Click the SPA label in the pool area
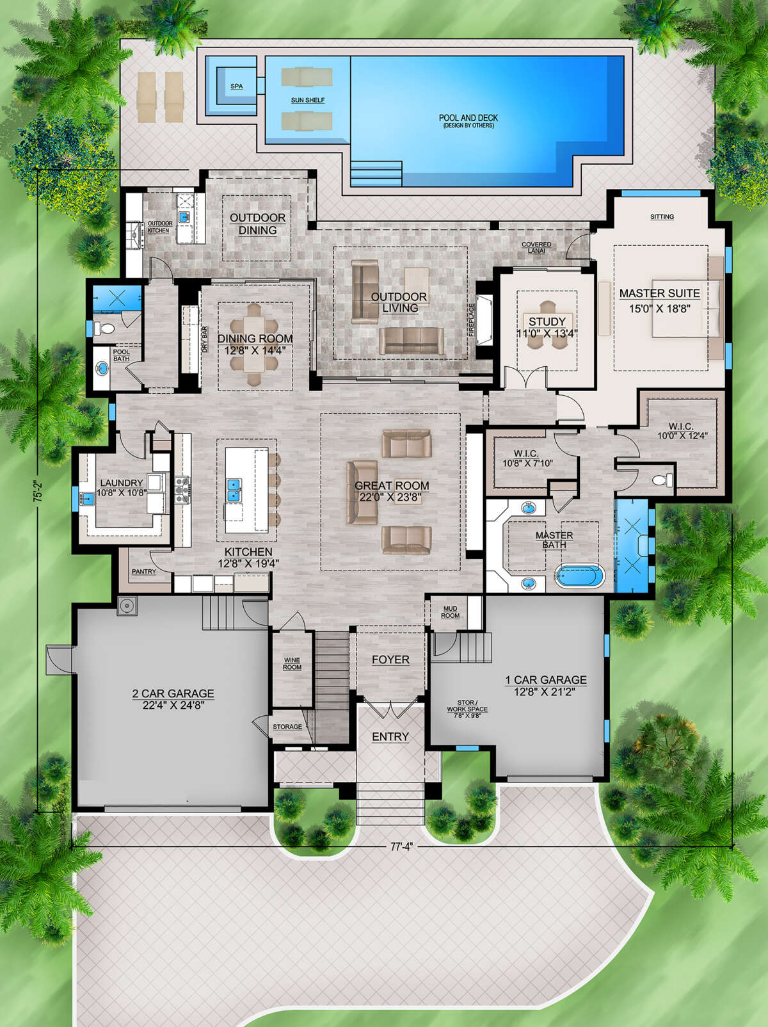click(x=236, y=86)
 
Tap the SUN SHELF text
click(x=308, y=100)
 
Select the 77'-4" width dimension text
click(x=401, y=846)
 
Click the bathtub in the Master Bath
click(x=579, y=576)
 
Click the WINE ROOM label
click(x=292, y=663)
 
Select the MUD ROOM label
click(x=450, y=612)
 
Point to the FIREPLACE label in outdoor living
click(x=472, y=320)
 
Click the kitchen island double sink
click(x=234, y=490)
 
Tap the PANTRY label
click(x=143, y=571)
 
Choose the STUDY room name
click(x=547, y=321)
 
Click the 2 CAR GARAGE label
click(x=173, y=693)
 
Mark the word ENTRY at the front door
click(x=390, y=737)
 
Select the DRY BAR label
click(x=205, y=339)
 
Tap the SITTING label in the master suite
click(x=662, y=217)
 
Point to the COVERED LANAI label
click(x=536, y=247)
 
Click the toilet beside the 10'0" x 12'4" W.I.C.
click(x=663, y=480)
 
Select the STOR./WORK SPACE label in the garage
click(x=467, y=706)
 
